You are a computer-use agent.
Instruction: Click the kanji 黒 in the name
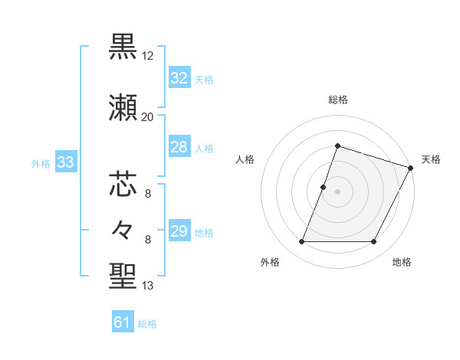click(x=123, y=47)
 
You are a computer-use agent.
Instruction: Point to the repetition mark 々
click(x=123, y=229)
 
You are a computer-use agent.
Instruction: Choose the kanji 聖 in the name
click(x=123, y=277)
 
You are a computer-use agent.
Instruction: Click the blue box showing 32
click(x=179, y=78)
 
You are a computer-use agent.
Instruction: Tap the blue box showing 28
click(x=179, y=148)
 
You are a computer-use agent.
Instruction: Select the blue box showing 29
click(x=179, y=232)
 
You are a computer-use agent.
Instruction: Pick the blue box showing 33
click(x=65, y=162)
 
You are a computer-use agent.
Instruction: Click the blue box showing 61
click(x=123, y=322)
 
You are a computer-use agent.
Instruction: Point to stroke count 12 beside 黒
click(x=148, y=57)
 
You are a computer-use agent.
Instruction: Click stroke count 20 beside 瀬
click(x=148, y=117)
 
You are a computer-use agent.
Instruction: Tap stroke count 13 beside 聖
click(x=148, y=286)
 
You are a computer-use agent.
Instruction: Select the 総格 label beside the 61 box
click(x=147, y=324)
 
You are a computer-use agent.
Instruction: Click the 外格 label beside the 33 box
click(x=41, y=163)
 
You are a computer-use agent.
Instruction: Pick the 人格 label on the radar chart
click(x=245, y=159)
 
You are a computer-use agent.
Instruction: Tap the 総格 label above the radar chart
click(x=337, y=100)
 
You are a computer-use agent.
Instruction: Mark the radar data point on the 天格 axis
click(x=410, y=168)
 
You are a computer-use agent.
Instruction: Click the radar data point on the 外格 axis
click(x=301, y=242)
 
